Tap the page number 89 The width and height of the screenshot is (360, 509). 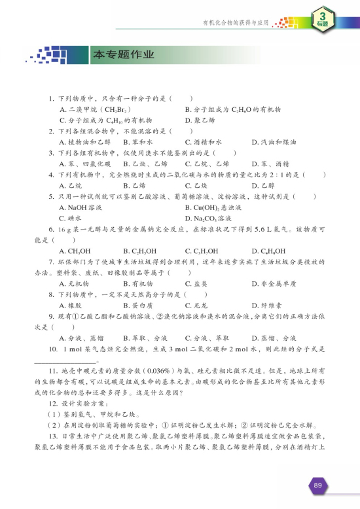pos(317,485)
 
